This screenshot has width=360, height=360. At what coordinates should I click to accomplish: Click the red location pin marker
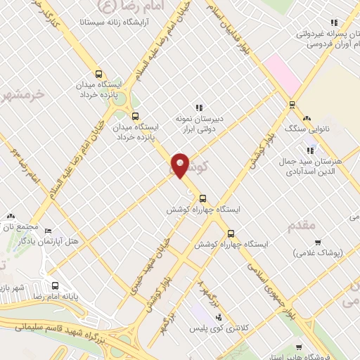click(181, 165)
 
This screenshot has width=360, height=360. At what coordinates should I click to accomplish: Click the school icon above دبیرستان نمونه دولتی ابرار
click(199, 108)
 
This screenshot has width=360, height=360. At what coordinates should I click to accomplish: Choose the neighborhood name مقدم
click(304, 225)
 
